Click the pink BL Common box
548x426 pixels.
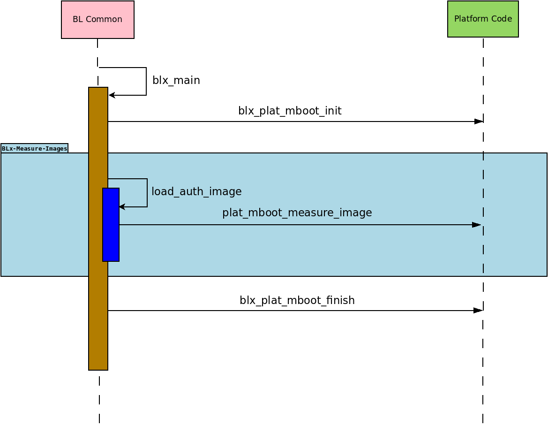(x=98, y=20)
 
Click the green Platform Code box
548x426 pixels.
(x=483, y=19)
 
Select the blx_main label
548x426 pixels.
(x=176, y=80)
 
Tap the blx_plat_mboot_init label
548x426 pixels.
(x=289, y=111)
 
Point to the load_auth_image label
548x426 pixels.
(x=196, y=191)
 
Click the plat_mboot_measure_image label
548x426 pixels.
(x=297, y=213)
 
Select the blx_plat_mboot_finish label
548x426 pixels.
(x=297, y=300)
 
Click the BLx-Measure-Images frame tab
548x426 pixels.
(x=34, y=148)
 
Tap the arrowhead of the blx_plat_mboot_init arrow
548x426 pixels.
(x=479, y=122)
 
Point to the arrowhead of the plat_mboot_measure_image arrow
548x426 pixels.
(x=477, y=225)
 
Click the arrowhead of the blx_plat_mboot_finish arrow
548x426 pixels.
(x=478, y=311)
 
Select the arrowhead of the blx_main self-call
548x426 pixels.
(x=112, y=95)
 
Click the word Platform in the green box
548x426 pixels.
(x=469, y=19)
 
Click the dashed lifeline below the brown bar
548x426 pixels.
(x=99, y=399)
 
